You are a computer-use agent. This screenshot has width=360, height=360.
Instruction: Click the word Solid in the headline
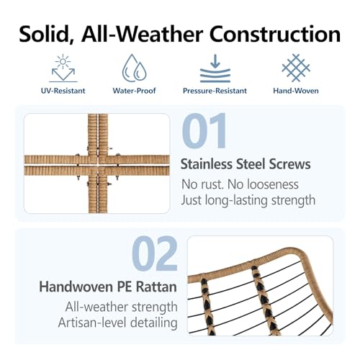[44, 34]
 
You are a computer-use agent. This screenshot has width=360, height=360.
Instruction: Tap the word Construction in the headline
[275, 34]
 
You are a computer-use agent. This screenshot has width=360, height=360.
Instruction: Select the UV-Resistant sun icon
[63, 68]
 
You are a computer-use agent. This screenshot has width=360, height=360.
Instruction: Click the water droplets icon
[134, 67]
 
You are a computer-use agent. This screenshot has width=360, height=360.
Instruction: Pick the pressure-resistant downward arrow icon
[215, 68]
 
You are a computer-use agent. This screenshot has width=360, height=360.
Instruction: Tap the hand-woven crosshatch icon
[296, 68]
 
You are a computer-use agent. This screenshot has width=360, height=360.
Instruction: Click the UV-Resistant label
[63, 91]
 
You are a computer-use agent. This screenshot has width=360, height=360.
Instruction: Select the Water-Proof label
[134, 91]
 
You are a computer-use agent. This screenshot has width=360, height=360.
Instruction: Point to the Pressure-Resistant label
[215, 91]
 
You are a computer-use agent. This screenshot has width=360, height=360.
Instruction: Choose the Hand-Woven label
[296, 91]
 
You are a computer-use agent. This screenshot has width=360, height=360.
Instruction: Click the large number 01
[204, 131]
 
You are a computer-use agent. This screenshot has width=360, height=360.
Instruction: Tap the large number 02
[155, 253]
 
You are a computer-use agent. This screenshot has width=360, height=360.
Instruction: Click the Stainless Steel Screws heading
[246, 164]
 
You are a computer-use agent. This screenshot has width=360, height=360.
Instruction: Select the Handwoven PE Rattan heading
[108, 287]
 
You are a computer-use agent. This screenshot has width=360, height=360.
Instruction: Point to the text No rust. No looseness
[240, 184]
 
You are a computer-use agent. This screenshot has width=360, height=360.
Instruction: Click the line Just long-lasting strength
[248, 200]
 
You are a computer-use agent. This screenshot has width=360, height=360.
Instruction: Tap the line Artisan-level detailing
[118, 323]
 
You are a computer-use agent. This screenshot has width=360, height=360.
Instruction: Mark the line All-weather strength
[122, 307]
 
